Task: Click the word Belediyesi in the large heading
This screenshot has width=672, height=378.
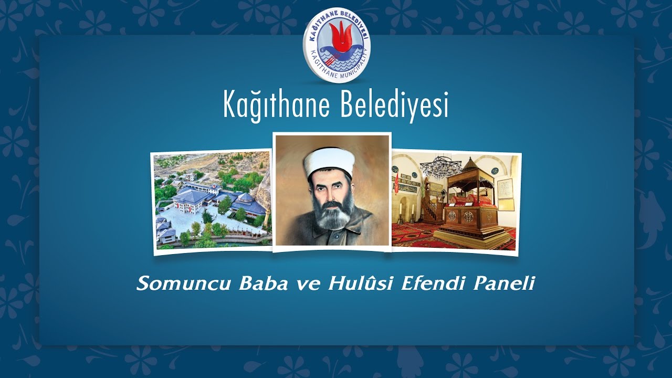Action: point(394,105)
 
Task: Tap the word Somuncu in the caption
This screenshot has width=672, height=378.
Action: point(184,283)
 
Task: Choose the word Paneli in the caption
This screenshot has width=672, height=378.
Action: point(504,283)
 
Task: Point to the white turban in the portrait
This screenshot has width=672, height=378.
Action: point(329,164)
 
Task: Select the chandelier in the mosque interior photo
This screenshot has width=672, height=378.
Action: point(440,166)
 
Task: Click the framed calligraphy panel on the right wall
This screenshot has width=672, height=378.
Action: point(505,188)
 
